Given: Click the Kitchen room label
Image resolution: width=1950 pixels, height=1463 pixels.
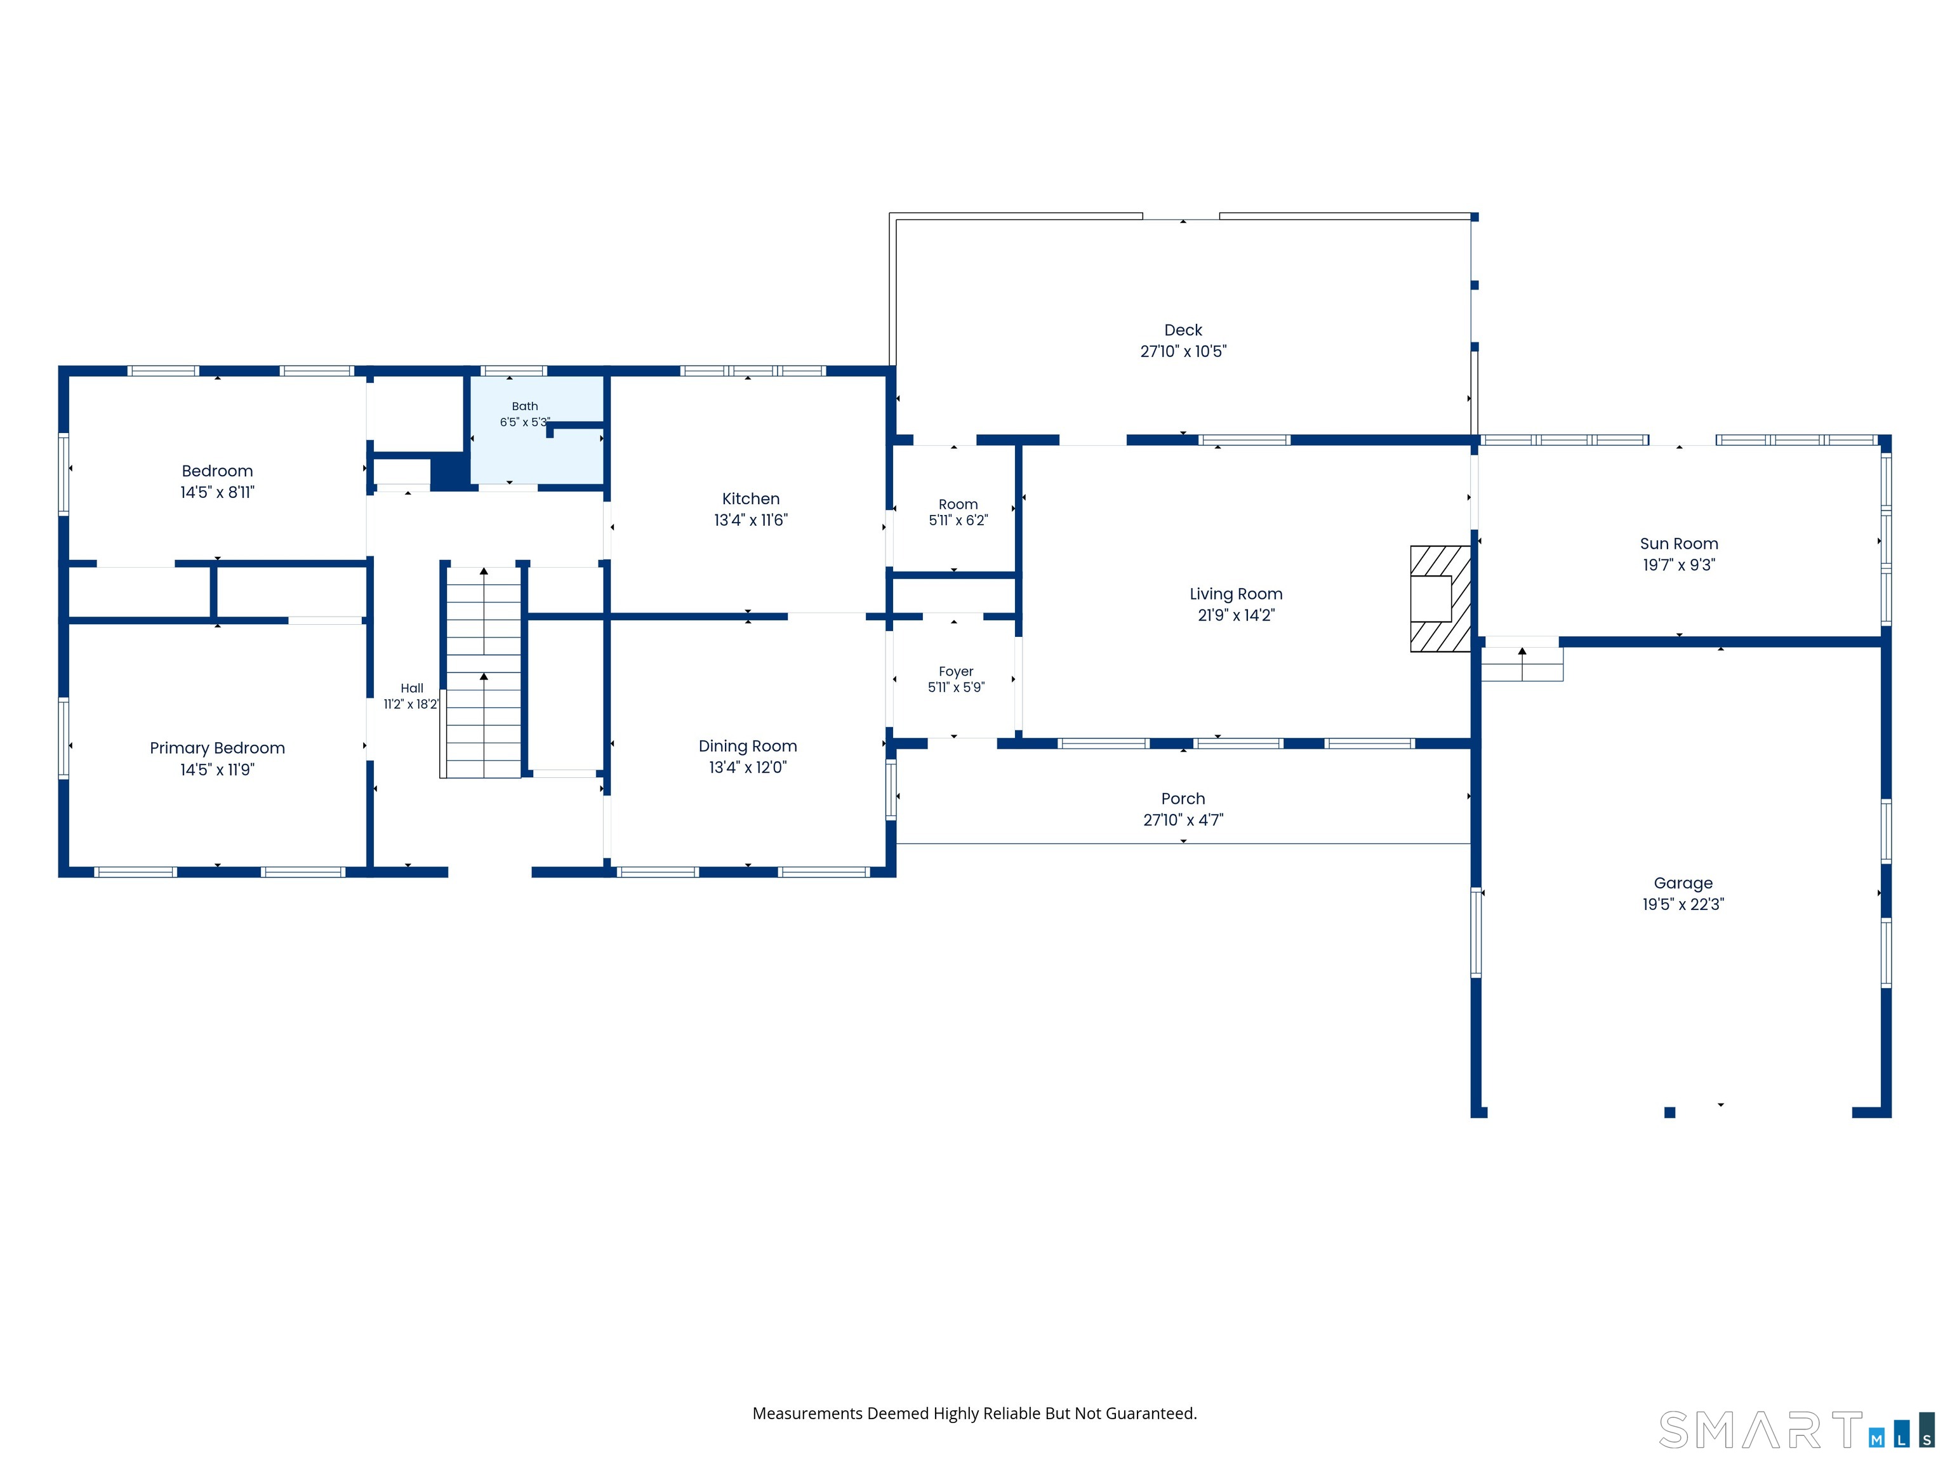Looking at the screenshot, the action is pos(750,499).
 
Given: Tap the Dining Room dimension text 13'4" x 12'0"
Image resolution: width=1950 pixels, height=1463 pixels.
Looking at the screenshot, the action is pos(748,767).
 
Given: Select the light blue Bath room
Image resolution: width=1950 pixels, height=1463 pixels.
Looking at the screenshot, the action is pos(536,431).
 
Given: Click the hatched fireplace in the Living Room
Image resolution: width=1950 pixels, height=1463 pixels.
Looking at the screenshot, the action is pos(1440,599).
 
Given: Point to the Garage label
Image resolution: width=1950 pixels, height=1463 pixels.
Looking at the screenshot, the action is pos(1683,883).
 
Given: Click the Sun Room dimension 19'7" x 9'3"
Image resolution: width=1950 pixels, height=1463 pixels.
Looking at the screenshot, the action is pos(1678,565).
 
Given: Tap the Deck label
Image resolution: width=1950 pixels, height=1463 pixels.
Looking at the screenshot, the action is pos(1183,330).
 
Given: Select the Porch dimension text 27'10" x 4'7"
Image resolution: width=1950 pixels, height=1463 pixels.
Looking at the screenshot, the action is pos(1183,820).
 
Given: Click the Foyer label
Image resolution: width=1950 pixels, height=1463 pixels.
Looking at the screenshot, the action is pos(955,671).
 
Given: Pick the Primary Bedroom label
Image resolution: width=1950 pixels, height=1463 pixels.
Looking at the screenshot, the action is pos(217,748).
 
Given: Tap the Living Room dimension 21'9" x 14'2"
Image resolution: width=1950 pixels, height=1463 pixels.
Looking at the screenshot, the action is pos(1236,615).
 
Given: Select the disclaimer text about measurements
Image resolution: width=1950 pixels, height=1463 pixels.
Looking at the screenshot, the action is pos(974,1413).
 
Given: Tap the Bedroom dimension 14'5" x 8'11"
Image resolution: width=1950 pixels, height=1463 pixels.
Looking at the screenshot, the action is pos(217,492).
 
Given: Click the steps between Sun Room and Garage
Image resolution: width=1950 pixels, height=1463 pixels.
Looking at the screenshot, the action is pos(1522,663).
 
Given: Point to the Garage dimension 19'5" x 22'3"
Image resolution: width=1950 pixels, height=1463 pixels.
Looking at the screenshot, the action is pos(1683,904).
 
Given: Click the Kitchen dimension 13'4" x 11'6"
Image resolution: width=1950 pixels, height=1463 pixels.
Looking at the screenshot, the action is pos(750,520).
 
